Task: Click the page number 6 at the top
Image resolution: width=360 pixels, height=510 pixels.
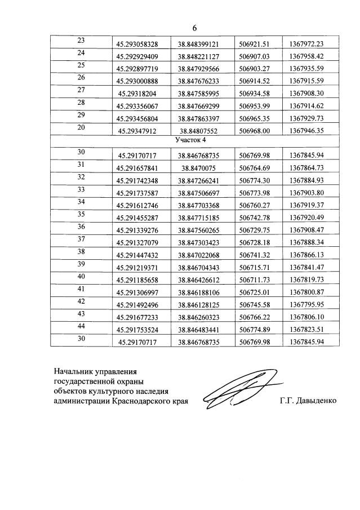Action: coord(194,28)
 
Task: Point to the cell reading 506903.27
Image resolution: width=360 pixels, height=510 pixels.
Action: coord(255,68)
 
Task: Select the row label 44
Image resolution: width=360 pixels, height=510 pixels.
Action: coord(81,326)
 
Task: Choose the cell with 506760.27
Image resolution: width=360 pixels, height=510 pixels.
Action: coord(255,205)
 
